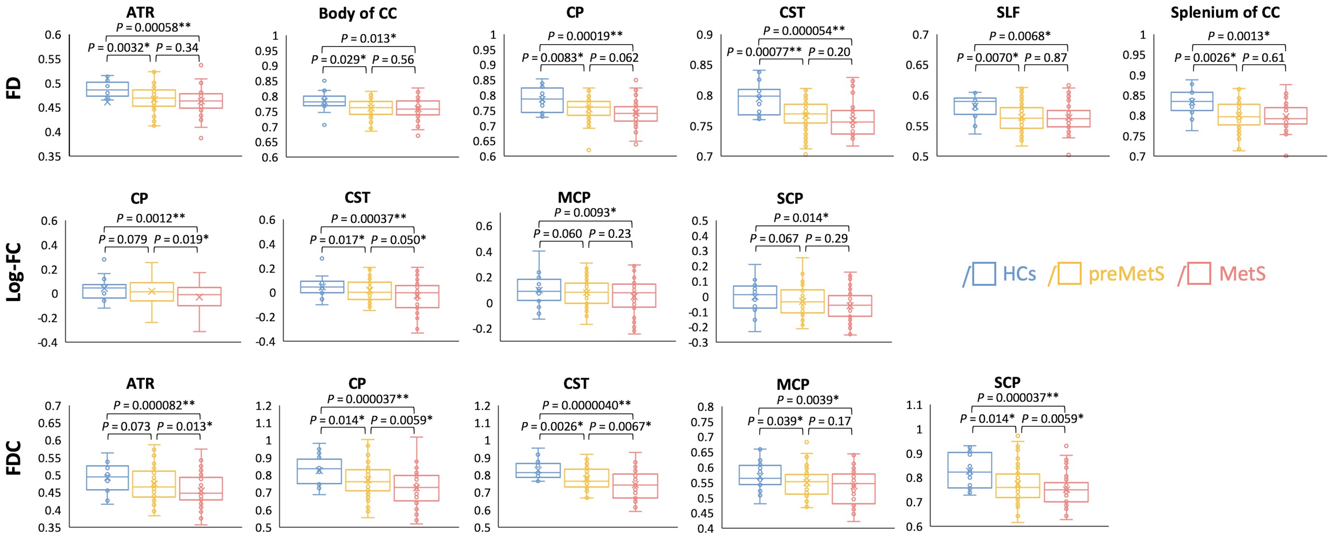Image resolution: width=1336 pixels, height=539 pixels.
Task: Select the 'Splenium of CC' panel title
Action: click(1225, 12)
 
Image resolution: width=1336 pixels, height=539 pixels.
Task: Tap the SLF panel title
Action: click(1008, 12)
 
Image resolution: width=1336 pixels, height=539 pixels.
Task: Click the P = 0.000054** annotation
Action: click(804, 31)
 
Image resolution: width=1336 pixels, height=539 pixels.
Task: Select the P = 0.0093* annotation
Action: click(585, 212)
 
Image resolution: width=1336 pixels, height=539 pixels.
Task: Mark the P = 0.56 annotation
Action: click(393, 60)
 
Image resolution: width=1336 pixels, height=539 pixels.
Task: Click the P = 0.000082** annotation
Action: click(154, 405)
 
